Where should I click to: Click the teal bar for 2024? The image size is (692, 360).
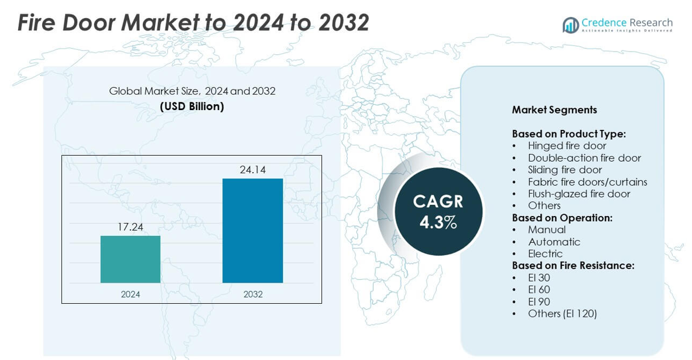click(131, 259)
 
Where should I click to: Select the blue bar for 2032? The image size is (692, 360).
click(252, 231)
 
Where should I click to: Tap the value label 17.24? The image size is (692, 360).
click(131, 227)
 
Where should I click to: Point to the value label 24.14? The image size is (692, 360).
click(252, 170)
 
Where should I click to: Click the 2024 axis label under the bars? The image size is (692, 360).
click(131, 294)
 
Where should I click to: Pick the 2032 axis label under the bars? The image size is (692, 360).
click(253, 294)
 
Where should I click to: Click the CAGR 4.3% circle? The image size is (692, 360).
click(438, 211)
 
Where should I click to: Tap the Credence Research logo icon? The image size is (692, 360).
click(570, 25)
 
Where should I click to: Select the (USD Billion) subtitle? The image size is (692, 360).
click(192, 107)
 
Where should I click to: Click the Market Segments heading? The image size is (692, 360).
click(554, 109)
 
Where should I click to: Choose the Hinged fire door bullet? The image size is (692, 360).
click(567, 146)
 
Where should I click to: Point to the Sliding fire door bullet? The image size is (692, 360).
click(565, 170)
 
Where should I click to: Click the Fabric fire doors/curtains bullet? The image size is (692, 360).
click(587, 181)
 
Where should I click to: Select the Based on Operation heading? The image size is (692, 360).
click(562, 218)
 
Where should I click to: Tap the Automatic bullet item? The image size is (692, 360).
click(554, 242)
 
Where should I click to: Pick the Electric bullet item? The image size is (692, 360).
click(545, 253)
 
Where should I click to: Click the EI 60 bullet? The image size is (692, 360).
click(539, 289)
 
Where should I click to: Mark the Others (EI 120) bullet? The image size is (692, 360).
click(562, 313)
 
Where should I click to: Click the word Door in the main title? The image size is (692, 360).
click(84, 23)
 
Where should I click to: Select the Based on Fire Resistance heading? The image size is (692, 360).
click(573, 266)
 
